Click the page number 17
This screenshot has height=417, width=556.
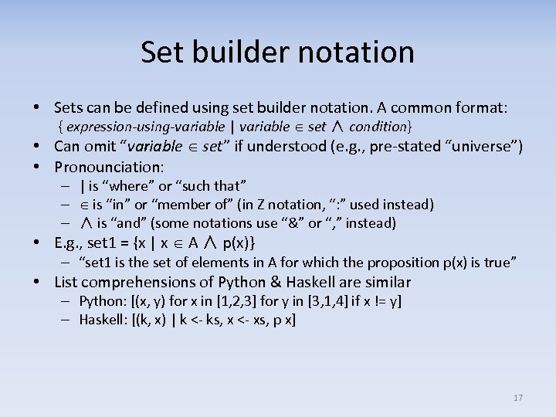[x=517, y=398]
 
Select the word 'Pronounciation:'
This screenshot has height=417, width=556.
[x=110, y=167]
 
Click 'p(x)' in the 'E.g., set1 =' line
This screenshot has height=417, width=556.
[x=238, y=243]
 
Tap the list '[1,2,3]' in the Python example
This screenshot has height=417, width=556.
[x=239, y=301]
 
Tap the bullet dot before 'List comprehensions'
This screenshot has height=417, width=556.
[x=37, y=283]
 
